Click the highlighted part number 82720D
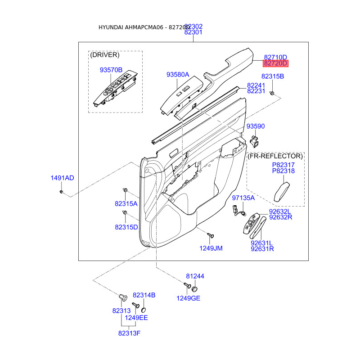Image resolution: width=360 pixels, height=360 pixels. (275, 63)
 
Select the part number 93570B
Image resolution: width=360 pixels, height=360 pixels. (111, 70)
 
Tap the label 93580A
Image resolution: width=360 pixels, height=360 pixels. (177, 74)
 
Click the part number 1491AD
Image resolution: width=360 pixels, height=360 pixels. (62, 178)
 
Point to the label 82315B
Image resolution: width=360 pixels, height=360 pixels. (273, 76)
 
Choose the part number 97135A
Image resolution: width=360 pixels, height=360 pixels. (243, 198)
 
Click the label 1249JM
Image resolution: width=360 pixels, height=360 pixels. (211, 248)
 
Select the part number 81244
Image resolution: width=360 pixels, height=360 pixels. (195, 276)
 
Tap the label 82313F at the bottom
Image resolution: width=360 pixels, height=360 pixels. (130, 333)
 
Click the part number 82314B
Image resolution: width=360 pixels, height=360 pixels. (144, 295)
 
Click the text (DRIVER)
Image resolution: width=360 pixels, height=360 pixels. (105, 55)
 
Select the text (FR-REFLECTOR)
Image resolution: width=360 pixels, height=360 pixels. (275, 156)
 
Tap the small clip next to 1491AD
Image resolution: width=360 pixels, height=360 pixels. (62, 192)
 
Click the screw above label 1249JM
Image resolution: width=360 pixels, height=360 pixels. (210, 235)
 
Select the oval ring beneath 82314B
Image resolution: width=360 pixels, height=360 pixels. (144, 310)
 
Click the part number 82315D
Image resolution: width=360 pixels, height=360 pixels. (126, 227)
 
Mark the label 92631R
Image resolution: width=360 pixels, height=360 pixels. (262, 248)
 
